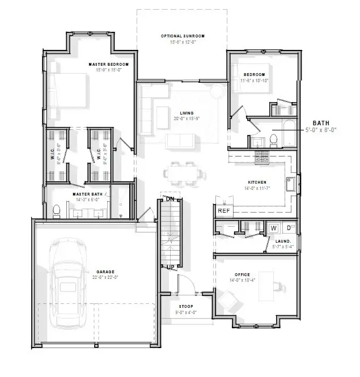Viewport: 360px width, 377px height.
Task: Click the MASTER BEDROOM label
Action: tap(108, 65)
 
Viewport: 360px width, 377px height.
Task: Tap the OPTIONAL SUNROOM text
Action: tap(182, 36)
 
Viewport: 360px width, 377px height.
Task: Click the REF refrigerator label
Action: tap(224, 210)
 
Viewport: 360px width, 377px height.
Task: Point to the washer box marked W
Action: tap(274, 227)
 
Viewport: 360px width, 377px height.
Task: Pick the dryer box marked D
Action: tap(288, 227)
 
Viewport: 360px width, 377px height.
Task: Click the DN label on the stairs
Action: tap(170, 199)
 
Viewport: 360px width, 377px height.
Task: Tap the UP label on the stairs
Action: tap(170, 266)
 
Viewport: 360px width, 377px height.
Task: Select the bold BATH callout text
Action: tap(321, 122)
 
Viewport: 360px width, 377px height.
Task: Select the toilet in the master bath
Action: tap(56, 211)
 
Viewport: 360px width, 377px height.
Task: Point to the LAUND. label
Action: tap(283, 242)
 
